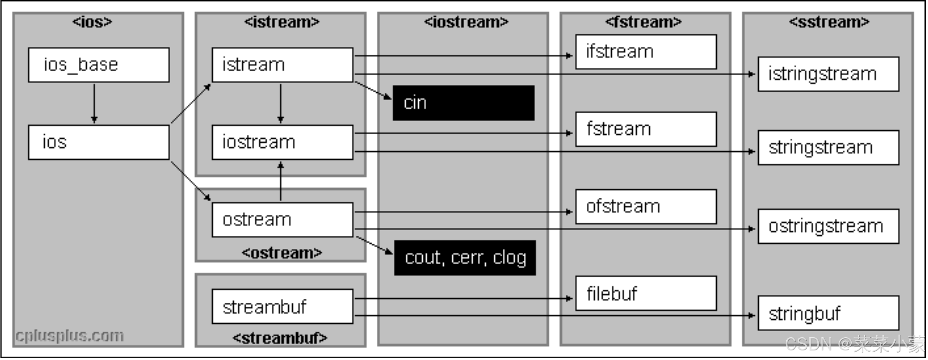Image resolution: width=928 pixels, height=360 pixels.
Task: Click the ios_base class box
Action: [x=98, y=65]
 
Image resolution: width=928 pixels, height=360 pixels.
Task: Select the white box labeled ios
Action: [x=98, y=142]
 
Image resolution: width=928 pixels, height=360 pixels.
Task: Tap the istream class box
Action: [x=282, y=65]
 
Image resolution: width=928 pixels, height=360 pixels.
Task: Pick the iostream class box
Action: [x=282, y=142]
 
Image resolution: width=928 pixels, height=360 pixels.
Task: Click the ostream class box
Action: [x=282, y=220]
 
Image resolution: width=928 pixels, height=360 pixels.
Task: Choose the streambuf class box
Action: [x=282, y=306]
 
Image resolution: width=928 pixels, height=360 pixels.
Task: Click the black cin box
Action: [x=463, y=103]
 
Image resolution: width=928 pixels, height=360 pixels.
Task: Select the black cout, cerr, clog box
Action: [x=465, y=258]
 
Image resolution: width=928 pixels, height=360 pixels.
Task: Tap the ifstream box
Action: [x=646, y=52]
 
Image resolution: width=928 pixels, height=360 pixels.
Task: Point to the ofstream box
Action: [x=646, y=206]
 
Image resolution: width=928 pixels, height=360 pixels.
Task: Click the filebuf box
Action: [x=646, y=293]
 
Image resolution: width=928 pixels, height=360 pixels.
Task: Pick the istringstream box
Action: [x=828, y=74]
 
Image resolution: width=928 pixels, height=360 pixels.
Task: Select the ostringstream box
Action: [x=828, y=226]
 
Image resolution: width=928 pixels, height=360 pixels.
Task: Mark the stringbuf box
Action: [x=828, y=313]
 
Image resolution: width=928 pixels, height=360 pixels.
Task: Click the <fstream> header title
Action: [x=643, y=22]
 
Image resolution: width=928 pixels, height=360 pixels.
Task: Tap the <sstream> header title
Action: [x=829, y=22]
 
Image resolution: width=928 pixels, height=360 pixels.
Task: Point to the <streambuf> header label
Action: [x=280, y=338]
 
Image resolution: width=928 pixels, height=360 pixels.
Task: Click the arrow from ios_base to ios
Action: [x=94, y=104]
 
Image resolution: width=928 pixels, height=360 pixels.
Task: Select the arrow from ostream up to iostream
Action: [x=281, y=181]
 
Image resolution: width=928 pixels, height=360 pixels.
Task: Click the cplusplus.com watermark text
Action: [x=70, y=336]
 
